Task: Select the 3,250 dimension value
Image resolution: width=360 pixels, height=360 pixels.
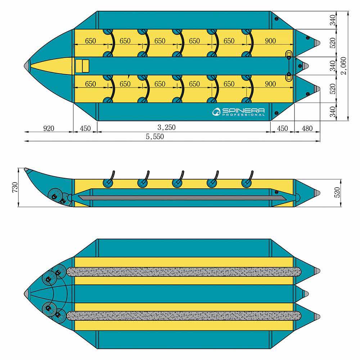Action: coord(167,127)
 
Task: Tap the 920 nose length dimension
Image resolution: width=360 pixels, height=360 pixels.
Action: coord(49,128)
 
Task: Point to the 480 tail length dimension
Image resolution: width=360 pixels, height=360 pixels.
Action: coord(307,128)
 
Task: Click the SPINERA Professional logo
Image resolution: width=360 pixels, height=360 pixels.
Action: coord(239,112)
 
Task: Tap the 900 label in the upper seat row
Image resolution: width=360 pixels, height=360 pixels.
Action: coord(270,41)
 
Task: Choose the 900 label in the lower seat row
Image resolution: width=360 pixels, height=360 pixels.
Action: coord(270,84)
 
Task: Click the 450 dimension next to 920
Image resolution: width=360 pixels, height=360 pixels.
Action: coord(85,128)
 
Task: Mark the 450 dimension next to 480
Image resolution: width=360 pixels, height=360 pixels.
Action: coord(282,128)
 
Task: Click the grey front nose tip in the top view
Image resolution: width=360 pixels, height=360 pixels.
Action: coord(27,66)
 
